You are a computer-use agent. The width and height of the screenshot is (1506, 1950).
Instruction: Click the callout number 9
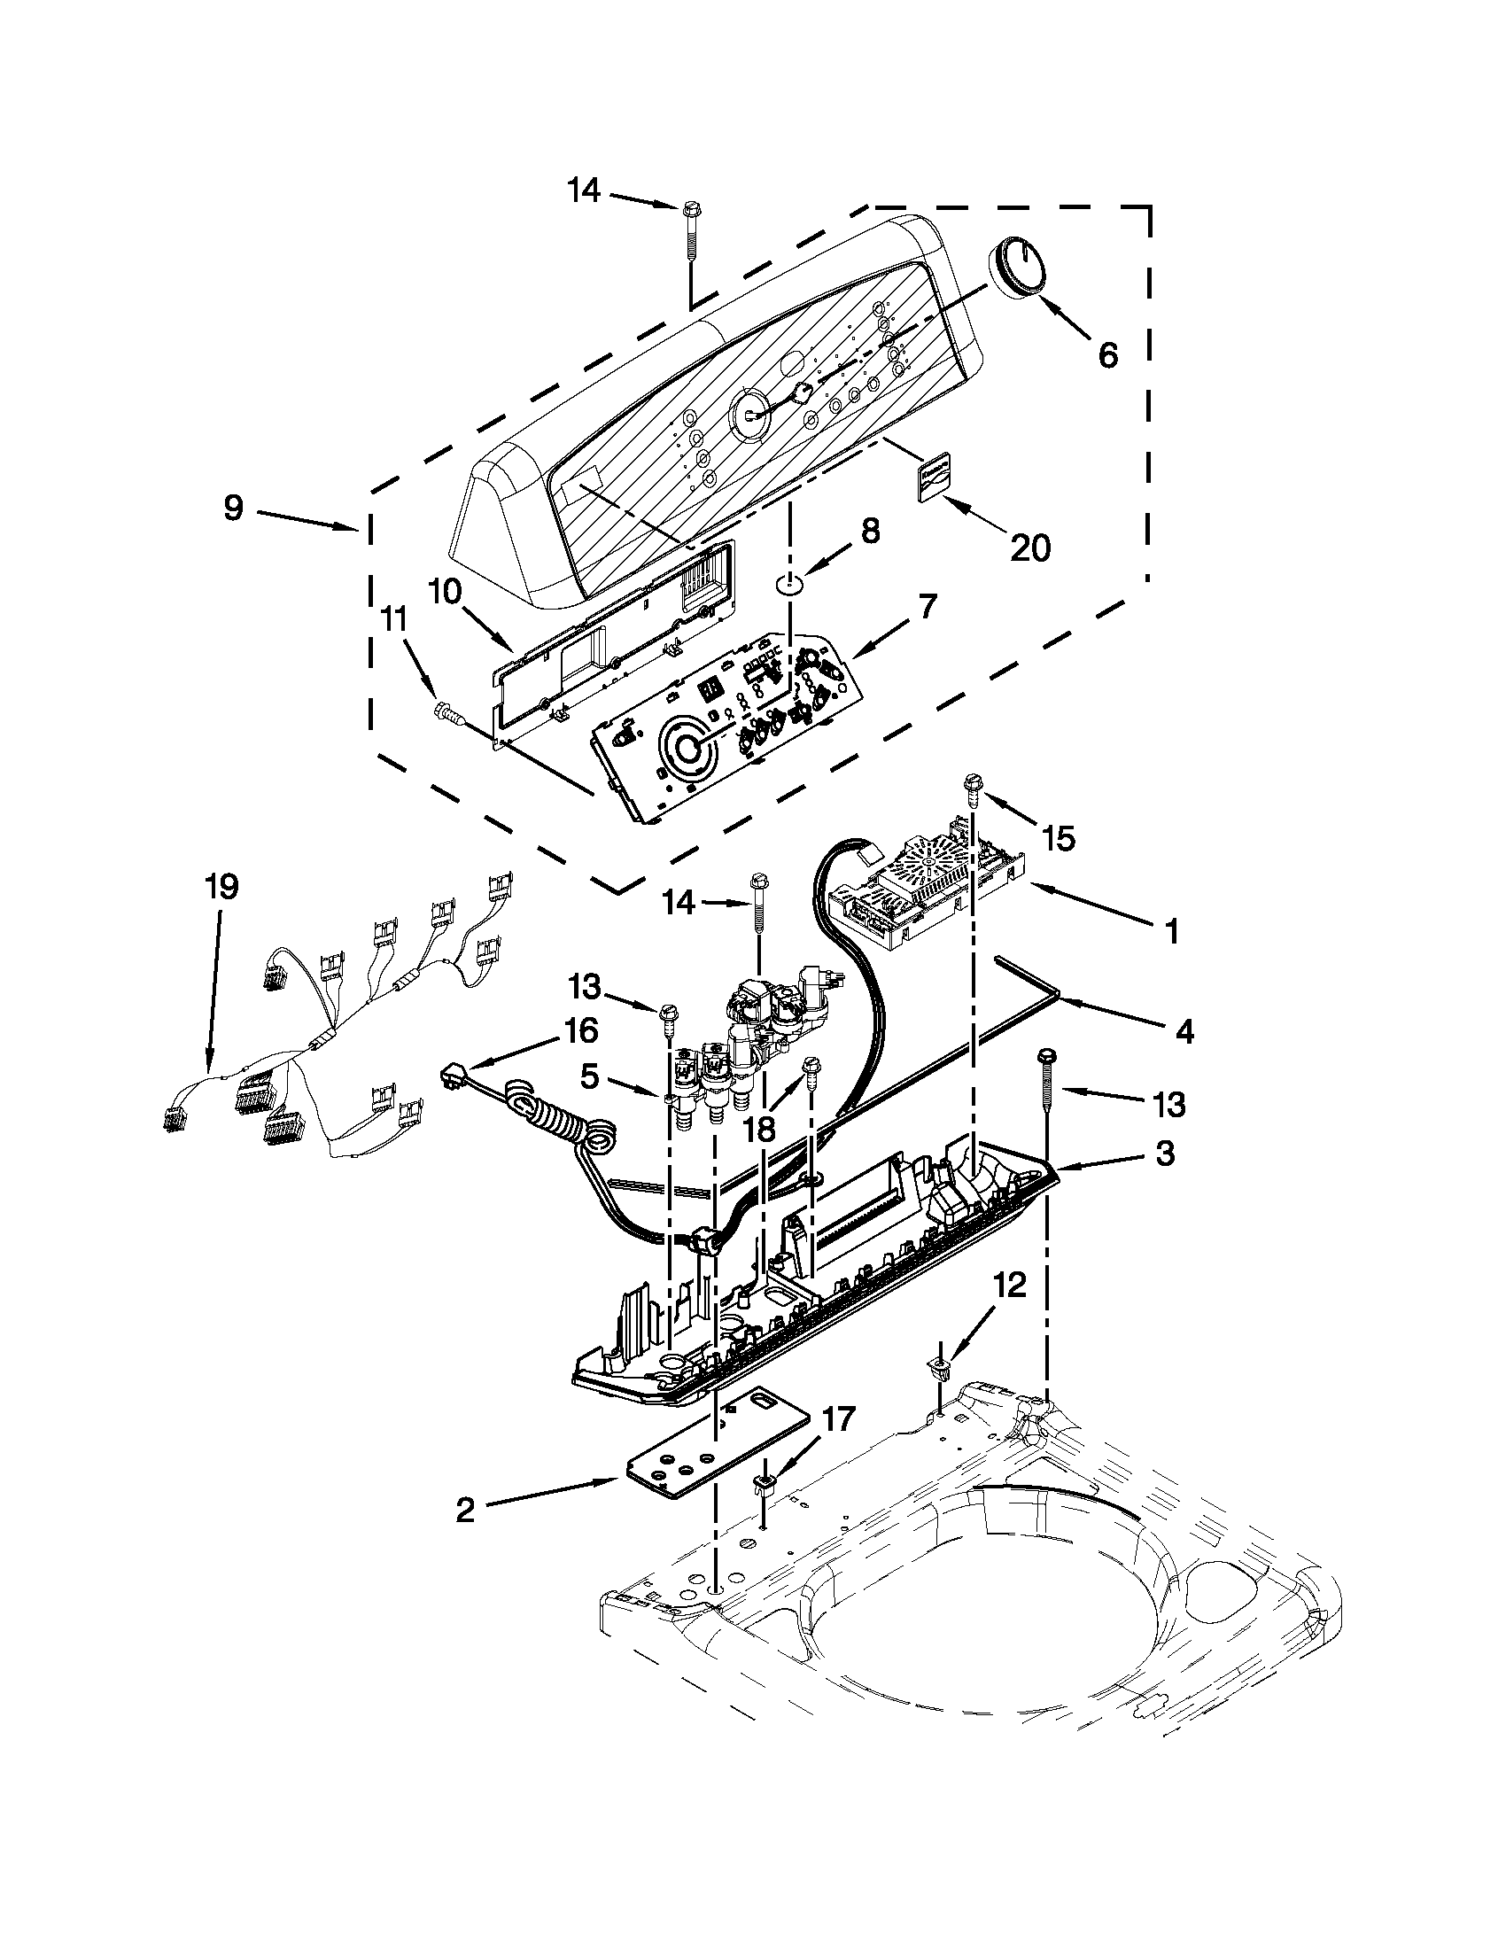point(233,508)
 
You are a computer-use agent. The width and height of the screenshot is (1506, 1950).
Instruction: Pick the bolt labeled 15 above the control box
point(970,787)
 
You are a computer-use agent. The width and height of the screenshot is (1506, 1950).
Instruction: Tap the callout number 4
point(1183,1031)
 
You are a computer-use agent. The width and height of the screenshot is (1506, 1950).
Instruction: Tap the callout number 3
point(1165,1154)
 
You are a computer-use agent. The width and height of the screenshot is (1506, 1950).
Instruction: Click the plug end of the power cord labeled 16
point(454,1077)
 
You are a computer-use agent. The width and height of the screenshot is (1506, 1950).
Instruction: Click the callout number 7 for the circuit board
point(928,607)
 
